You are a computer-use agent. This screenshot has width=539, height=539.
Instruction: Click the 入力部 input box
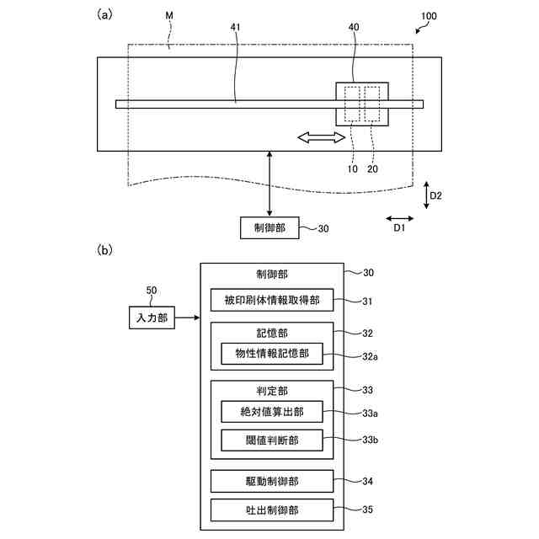click(152, 318)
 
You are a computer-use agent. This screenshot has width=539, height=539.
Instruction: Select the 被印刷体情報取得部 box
click(272, 300)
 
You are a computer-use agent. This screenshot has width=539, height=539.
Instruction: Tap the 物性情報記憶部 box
click(272, 354)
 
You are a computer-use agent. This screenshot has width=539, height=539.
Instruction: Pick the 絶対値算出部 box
click(272, 412)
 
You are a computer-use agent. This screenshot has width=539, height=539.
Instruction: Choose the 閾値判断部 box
click(272, 440)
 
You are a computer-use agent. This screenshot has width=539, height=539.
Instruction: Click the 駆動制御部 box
click(272, 481)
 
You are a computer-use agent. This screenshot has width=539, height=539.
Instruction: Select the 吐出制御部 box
click(272, 510)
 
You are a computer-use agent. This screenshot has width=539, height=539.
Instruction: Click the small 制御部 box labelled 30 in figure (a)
click(269, 227)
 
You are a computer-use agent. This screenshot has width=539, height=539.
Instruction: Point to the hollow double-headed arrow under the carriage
click(321, 138)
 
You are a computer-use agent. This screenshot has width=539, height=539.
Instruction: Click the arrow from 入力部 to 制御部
click(187, 318)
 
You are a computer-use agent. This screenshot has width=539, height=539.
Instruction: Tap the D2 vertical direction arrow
click(426, 195)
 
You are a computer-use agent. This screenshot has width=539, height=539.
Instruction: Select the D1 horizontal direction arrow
click(399, 218)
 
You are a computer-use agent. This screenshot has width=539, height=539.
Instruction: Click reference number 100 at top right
click(429, 16)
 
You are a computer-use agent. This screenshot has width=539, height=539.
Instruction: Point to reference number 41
click(236, 27)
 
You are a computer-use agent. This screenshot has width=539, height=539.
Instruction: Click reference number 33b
click(370, 440)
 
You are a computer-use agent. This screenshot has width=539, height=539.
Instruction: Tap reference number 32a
click(370, 357)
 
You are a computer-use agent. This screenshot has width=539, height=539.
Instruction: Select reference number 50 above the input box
click(152, 291)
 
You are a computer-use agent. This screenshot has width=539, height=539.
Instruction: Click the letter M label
click(169, 15)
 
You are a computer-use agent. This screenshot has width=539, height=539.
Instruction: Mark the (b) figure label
click(104, 250)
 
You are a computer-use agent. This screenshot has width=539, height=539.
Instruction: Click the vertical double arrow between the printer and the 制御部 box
click(269, 184)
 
